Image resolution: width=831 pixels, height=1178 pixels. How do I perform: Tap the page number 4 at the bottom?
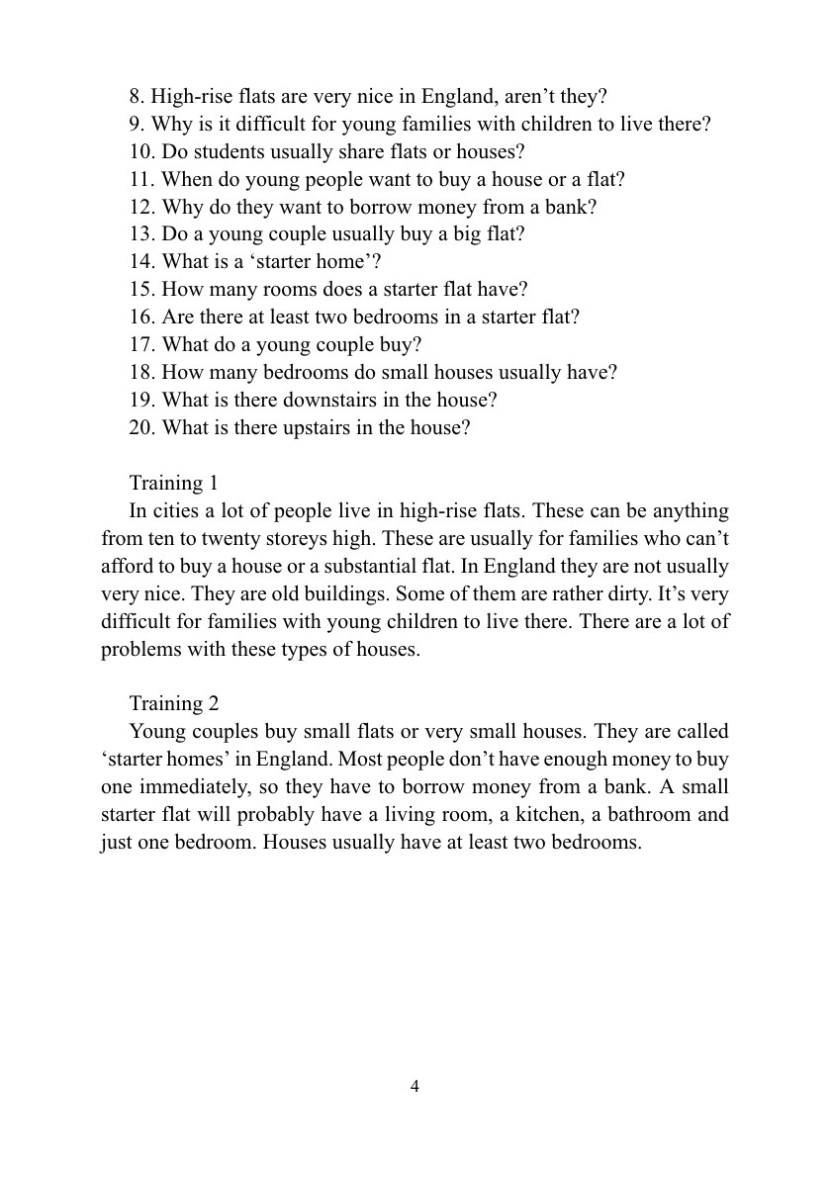[x=415, y=1087]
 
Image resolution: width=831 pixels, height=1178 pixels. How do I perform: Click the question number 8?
[x=137, y=97]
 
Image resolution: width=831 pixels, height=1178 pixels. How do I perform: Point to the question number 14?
[x=141, y=262]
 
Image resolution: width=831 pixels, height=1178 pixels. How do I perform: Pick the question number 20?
[x=141, y=428]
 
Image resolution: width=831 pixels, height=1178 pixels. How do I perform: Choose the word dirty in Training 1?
[x=568, y=594]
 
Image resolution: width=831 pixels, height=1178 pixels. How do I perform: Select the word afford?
[x=128, y=567]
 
